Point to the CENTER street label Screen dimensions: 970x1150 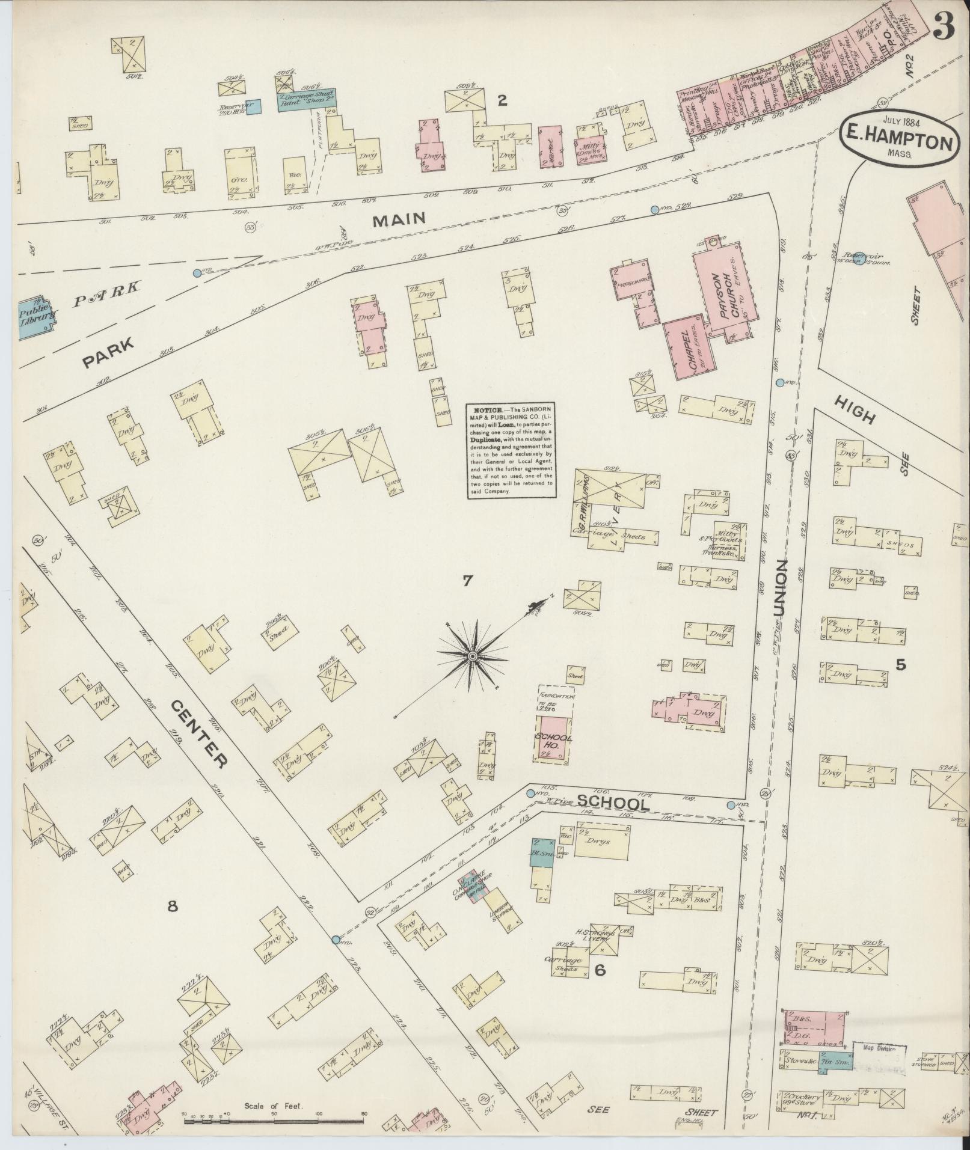click(x=198, y=733)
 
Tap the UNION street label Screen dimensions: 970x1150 click(x=781, y=590)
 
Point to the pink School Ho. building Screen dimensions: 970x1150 click(x=552, y=739)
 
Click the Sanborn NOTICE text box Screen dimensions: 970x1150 click(x=511, y=450)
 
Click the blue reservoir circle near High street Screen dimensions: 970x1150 click(x=859, y=257)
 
